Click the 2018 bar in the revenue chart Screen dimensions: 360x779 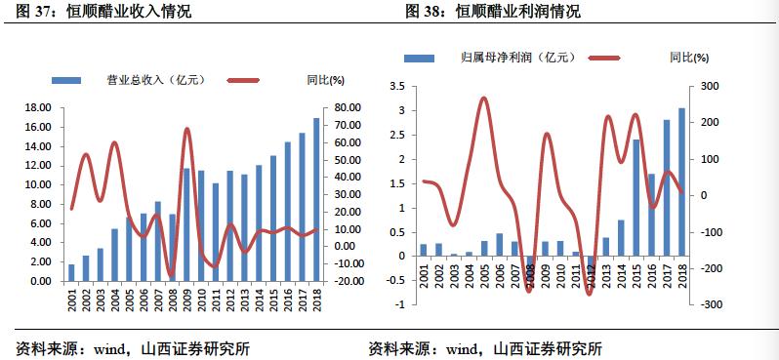(x=315, y=200)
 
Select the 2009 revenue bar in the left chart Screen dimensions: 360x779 (x=186, y=225)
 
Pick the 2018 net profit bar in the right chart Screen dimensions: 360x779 (x=681, y=182)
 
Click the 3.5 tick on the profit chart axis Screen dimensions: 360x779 (x=395, y=87)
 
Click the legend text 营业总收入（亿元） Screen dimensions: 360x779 (x=152, y=79)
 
